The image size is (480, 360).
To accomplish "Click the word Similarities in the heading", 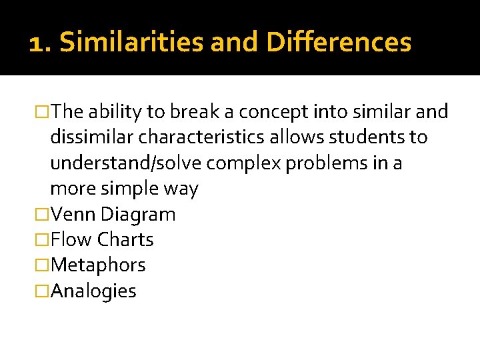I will tap(131, 43).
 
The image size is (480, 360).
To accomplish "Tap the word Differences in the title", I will tap(339, 43).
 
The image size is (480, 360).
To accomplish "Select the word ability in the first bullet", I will tap(115, 112).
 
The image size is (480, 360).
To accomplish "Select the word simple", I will tap(130, 189).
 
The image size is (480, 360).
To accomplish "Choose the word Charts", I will tap(125, 239).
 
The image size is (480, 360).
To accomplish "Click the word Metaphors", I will tap(98, 265).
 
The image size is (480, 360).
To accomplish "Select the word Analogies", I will tap(93, 291).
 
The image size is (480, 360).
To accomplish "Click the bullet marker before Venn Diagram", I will tap(43, 214).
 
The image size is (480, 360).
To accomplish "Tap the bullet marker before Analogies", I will tap(43, 291).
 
